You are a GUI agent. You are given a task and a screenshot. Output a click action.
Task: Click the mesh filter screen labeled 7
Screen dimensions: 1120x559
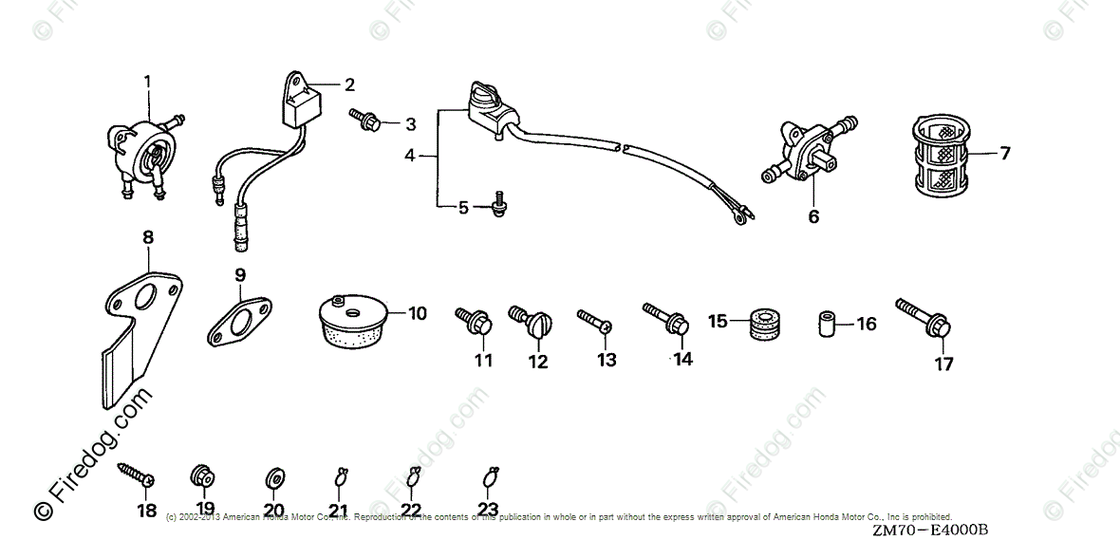point(942,156)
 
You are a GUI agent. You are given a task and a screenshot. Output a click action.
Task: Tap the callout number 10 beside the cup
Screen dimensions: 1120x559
point(417,312)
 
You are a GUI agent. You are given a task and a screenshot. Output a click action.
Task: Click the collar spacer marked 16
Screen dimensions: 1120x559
point(828,323)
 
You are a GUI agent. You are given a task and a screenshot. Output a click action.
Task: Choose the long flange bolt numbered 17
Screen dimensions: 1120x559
point(924,319)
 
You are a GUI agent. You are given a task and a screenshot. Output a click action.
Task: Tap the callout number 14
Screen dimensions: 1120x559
point(681,358)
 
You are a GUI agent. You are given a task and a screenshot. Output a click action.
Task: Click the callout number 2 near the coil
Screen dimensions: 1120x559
point(349,85)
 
